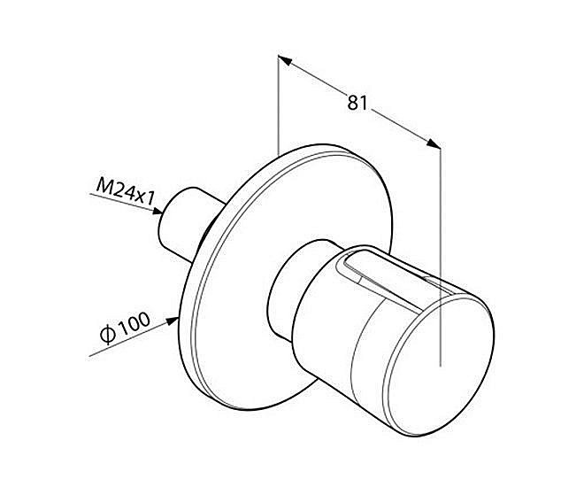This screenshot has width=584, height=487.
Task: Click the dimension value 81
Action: [x=357, y=103]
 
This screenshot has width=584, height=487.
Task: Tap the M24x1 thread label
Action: [x=125, y=191]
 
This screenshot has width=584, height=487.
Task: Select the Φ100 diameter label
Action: [x=126, y=329]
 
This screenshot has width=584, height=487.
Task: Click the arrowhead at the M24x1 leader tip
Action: [x=158, y=212]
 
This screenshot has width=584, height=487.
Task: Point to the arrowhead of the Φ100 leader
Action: [x=172, y=321]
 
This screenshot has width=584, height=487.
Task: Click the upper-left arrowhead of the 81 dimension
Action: [x=284, y=60]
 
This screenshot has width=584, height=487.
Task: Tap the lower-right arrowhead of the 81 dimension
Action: [x=434, y=143]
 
